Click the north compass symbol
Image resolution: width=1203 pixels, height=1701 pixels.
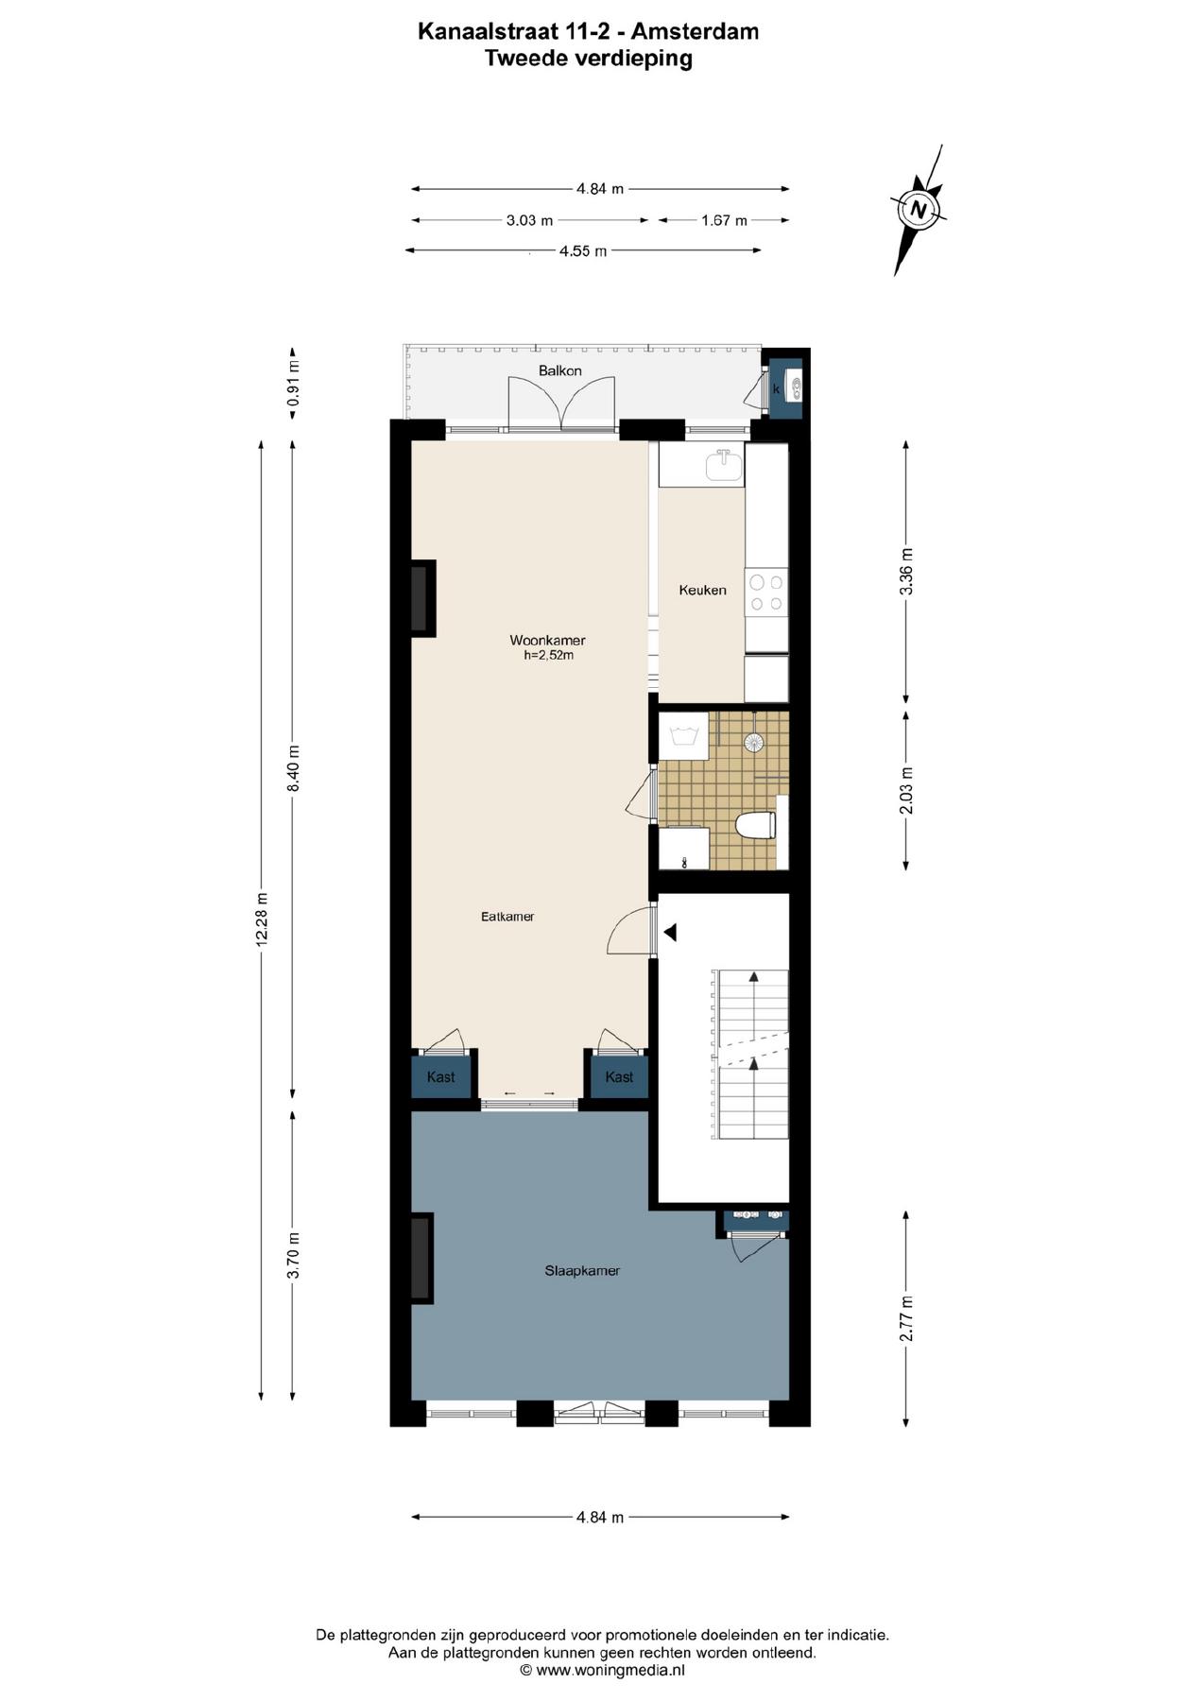[x=918, y=210]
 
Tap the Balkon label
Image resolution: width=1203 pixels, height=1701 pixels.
[x=560, y=370]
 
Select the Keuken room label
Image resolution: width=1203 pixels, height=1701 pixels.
[x=703, y=590]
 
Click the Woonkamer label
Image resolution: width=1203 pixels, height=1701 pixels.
[x=547, y=641]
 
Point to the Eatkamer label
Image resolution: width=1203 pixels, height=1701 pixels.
[x=507, y=917]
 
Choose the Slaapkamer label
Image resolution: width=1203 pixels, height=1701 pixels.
[x=582, y=1271]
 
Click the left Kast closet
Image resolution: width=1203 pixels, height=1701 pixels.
[x=441, y=1076]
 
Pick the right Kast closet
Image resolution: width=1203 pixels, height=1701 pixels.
[x=619, y=1076]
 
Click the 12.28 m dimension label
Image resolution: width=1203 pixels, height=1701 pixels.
[x=263, y=919]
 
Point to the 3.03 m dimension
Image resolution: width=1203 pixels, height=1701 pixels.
[x=529, y=220]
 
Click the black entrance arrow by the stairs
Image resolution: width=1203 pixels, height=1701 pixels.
[x=670, y=933]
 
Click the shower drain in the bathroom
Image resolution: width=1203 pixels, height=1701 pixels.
[x=754, y=743]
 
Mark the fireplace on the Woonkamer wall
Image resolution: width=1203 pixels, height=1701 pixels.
[x=422, y=598]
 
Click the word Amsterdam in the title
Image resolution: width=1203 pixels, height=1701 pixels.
[x=695, y=31]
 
